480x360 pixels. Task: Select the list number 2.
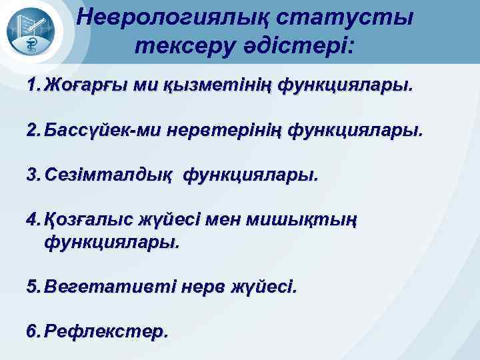(33, 131)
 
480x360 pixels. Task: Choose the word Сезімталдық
(109, 175)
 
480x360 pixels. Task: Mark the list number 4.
(33, 220)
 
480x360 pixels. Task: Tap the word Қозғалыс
(89, 220)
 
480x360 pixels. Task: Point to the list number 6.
(33, 331)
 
